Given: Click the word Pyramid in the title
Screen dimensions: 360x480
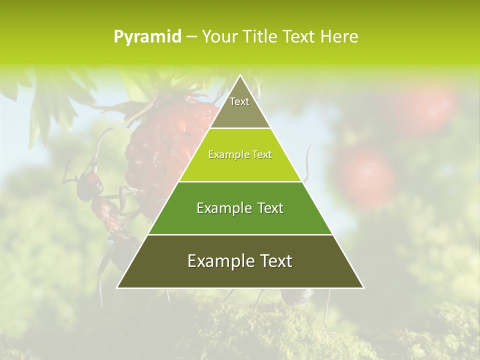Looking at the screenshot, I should pyautogui.click(x=147, y=37).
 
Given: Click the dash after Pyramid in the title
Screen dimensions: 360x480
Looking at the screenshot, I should pyautogui.click(x=191, y=37).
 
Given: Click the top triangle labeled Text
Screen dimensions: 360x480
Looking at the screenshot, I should pyautogui.click(x=240, y=107).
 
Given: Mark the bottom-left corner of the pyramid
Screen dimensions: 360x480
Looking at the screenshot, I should pyautogui.click(x=117, y=288).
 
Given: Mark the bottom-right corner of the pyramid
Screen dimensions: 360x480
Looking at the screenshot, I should pyautogui.click(x=363, y=288).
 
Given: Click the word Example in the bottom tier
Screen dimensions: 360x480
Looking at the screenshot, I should pyautogui.click(x=218, y=261).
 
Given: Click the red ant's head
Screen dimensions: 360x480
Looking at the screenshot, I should pyautogui.click(x=91, y=177).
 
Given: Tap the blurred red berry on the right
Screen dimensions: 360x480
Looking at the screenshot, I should pyautogui.click(x=367, y=175).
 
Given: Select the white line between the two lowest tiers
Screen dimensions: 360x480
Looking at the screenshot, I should pyautogui.click(x=240, y=234).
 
